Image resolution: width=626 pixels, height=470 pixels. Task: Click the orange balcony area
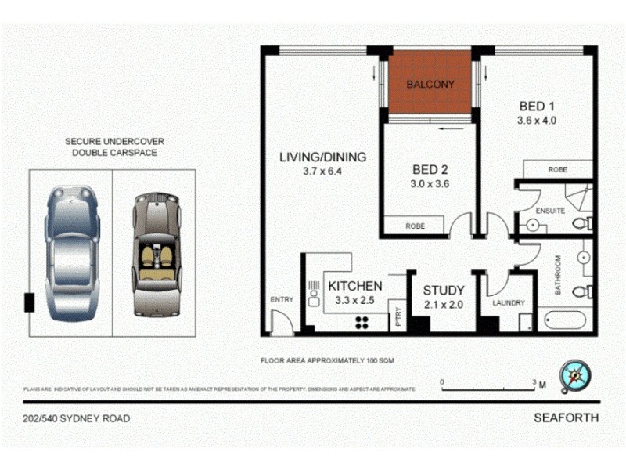[x=429, y=83]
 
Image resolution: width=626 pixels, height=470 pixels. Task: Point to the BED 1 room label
[x=537, y=107]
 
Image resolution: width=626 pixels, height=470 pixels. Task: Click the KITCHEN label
[x=354, y=286]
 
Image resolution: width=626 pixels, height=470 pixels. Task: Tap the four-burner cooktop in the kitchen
[x=364, y=321]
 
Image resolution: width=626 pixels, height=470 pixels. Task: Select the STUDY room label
[x=444, y=291]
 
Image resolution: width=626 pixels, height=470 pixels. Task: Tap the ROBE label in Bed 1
[x=557, y=169]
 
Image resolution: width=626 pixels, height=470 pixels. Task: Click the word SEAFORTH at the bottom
[x=567, y=418]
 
